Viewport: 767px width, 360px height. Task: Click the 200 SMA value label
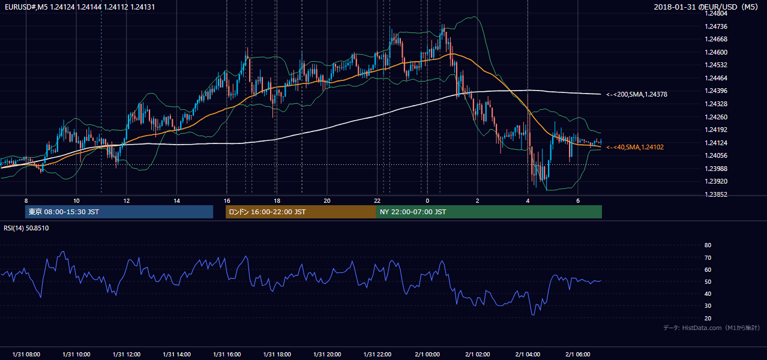click(637, 94)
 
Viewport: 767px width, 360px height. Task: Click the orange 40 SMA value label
click(635, 147)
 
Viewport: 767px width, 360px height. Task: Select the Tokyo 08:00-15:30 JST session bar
click(119, 212)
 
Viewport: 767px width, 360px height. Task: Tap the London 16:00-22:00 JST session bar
click(301, 212)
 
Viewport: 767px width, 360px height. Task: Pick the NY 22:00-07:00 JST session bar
click(489, 212)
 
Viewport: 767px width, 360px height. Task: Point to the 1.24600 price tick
click(716, 52)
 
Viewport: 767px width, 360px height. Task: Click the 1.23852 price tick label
click(716, 194)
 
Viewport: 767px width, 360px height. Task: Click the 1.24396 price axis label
click(716, 91)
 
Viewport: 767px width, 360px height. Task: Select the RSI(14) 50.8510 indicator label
click(26, 228)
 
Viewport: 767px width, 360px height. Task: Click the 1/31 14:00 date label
click(176, 355)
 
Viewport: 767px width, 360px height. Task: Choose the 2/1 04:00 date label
click(528, 355)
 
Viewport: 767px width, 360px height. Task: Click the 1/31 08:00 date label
click(26, 355)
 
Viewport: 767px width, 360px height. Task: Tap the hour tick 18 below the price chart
click(277, 201)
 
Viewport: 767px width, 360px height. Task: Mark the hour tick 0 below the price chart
click(427, 201)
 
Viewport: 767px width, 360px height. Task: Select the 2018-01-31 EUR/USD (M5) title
click(706, 7)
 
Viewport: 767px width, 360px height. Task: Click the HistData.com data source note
click(712, 328)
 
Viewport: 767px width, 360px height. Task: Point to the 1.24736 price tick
click(716, 26)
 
